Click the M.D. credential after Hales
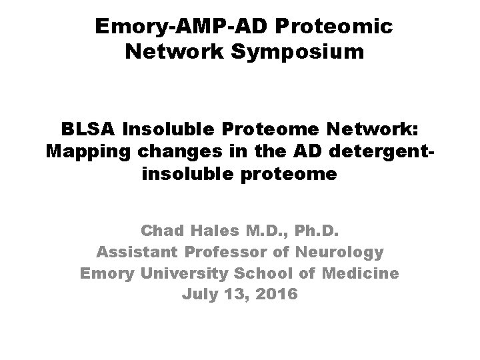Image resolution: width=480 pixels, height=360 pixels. pyautogui.click(x=264, y=231)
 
